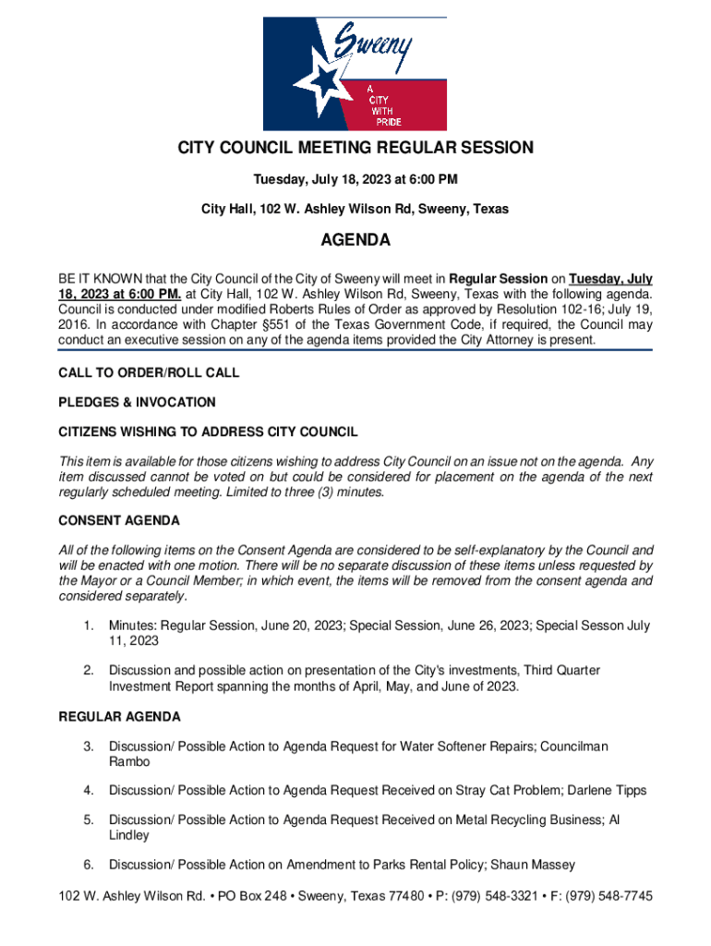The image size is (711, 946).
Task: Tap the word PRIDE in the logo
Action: (x=388, y=123)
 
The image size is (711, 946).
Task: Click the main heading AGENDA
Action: (x=355, y=241)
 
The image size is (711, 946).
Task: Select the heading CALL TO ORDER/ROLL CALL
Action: (x=149, y=373)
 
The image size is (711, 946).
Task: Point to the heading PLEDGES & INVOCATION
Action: (x=137, y=403)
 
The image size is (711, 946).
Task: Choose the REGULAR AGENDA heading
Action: (x=120, y=717)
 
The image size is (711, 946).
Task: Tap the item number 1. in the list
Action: (x=89, y=626)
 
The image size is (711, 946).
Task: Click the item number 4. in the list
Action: (x=89, y=791)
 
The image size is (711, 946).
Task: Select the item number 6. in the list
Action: (x=89, y=866)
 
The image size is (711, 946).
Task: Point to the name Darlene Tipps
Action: (x=607, y=791)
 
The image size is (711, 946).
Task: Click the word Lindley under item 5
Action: (x=129, y=836)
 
